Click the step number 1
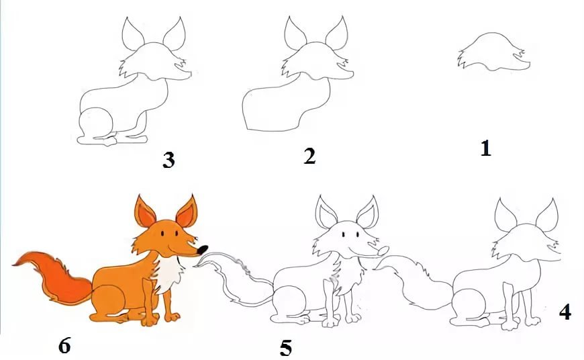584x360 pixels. point(485,148)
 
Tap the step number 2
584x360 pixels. point(309,156)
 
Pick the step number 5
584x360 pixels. point(286,348)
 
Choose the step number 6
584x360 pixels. point(64,346)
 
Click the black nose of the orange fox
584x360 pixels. point(203,249)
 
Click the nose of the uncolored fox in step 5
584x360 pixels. point(383,251)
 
